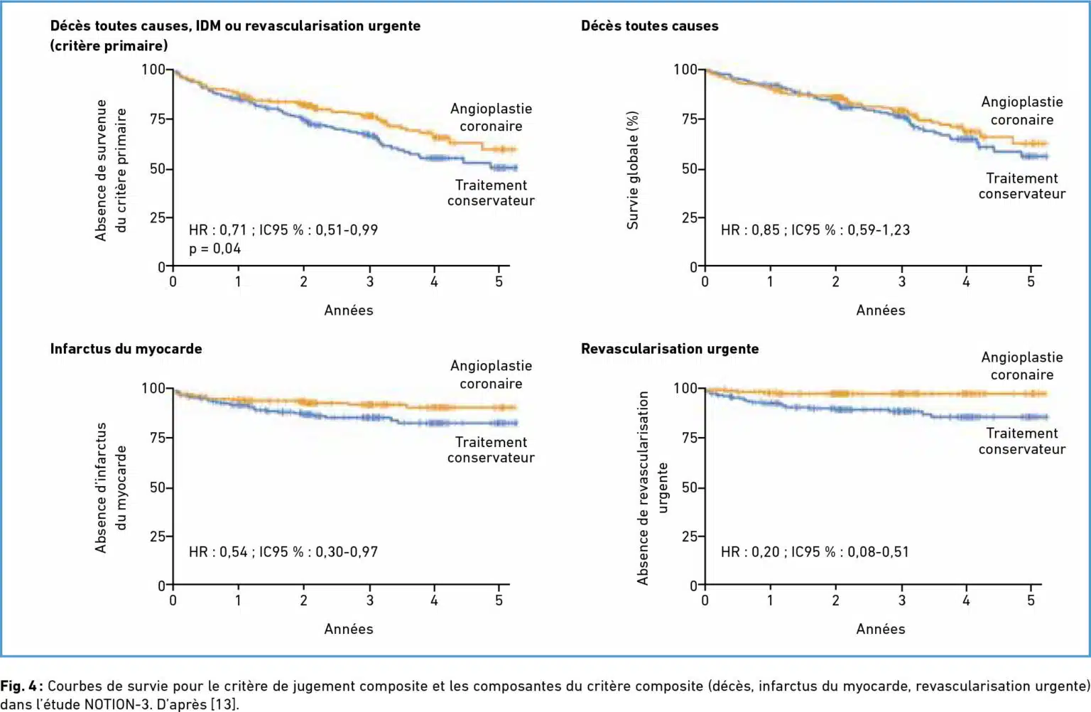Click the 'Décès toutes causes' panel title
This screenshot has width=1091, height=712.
(649, 26)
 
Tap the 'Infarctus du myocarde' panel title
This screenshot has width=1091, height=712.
(126, 349)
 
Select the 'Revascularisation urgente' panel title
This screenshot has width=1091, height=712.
(670, 349)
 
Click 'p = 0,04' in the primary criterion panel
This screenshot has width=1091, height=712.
(215, 249)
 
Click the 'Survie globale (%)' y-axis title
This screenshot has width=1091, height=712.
(632, 170)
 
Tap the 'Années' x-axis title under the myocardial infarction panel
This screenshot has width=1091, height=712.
(348, 629)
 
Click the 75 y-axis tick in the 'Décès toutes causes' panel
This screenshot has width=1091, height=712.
(688, 119)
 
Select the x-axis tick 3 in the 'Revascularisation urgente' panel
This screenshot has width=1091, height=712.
(901, 601)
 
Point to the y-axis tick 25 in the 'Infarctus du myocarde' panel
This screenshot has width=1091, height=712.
(157, 536)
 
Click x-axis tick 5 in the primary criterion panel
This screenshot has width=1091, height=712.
(499, 282)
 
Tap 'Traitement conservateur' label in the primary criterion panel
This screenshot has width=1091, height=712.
(491, 193)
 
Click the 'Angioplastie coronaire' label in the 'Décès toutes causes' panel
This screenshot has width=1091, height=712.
(1021, 111)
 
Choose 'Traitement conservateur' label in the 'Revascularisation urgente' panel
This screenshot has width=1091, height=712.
(1021, 441)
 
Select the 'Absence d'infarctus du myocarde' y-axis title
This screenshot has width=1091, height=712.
(111, 487)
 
